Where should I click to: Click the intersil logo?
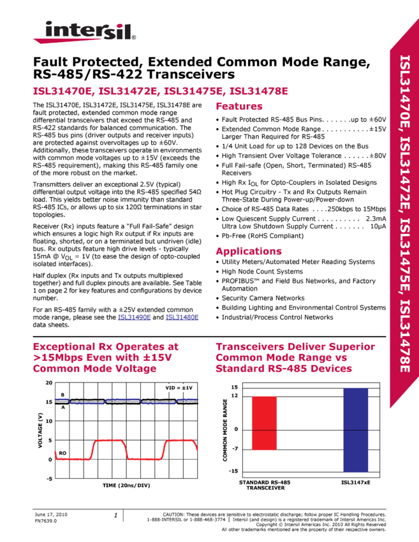[x=84, y=32]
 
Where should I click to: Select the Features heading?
[x=239, y=106]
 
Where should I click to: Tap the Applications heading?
[x=249, y=251]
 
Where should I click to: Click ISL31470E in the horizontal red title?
[x=63, y=91]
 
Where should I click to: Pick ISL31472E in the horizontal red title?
[x=129, y=91]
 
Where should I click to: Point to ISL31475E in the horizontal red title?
[x=194, y=91]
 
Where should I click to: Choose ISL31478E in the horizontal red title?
[x=258, y=91]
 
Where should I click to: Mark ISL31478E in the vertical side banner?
[x=404, y=335]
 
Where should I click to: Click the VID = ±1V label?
[x=180, y=388]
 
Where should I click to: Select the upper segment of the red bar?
[x=264, y=413]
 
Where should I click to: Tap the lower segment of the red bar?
[x=264, y=440]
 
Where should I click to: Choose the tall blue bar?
[x=355, y=430]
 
